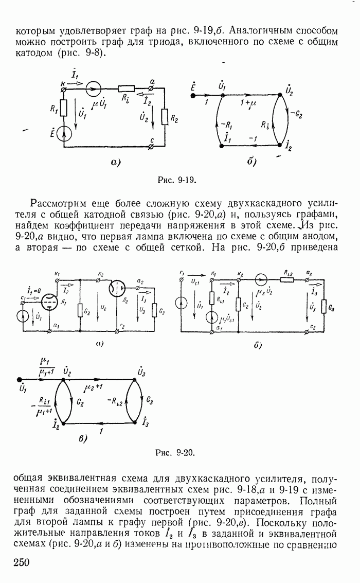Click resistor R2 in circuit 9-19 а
coord(165,117)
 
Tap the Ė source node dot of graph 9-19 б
coord(193,95)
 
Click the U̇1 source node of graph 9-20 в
coord(19,381)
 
